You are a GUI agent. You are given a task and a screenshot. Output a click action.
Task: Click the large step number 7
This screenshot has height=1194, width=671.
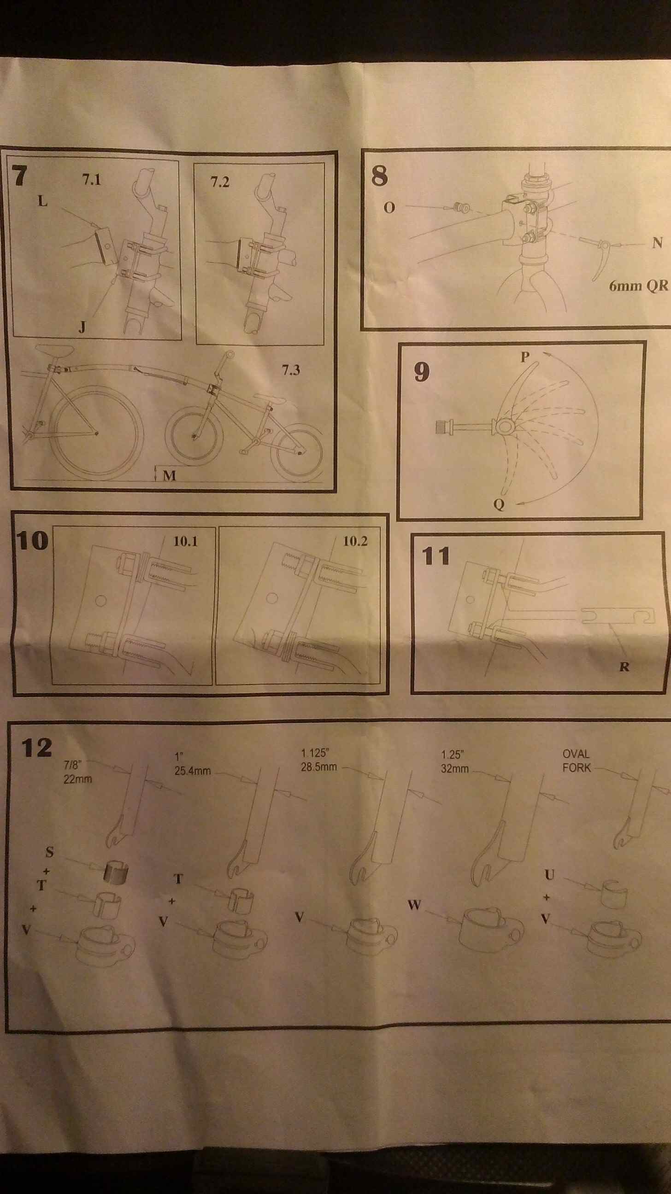coord(19,176)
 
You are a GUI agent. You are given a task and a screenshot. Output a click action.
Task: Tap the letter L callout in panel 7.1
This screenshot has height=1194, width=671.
coord(43,201)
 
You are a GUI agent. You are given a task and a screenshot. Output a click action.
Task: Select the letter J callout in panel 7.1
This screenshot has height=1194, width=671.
coord(82,327)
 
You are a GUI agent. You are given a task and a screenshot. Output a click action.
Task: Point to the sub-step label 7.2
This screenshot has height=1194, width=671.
coord(220,181)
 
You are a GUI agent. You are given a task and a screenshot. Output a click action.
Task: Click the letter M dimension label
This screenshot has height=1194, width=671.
coord(169,475)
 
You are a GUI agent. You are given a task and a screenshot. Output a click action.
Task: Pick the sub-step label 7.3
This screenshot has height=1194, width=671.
coord(291,370)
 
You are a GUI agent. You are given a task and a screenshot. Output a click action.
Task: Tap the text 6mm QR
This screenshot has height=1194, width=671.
coord(639,286)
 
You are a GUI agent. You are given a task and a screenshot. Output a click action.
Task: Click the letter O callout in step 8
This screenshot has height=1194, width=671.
coord(389,208)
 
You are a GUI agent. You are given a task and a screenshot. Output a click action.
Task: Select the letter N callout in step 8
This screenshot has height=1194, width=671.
coord(657,243)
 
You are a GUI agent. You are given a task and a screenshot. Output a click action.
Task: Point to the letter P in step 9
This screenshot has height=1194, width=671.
coord(525,357)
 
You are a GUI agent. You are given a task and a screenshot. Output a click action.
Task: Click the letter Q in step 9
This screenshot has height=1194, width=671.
coord(499,504)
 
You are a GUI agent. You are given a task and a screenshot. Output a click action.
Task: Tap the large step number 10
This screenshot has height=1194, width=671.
coord(32,541)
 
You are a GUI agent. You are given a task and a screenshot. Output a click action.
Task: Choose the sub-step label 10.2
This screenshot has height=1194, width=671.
coord(355,541)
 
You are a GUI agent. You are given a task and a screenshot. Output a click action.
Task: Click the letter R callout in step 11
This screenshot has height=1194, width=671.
coord(624,667)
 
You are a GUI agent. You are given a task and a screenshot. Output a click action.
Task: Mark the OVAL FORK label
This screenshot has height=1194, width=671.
coord(577,761)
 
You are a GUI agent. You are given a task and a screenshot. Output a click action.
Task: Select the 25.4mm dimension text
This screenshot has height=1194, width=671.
coord(193,771)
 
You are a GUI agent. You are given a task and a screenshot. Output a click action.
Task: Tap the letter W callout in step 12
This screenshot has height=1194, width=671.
coord(414,904)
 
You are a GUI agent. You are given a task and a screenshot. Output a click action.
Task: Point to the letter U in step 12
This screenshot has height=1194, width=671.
coord(549,875)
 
